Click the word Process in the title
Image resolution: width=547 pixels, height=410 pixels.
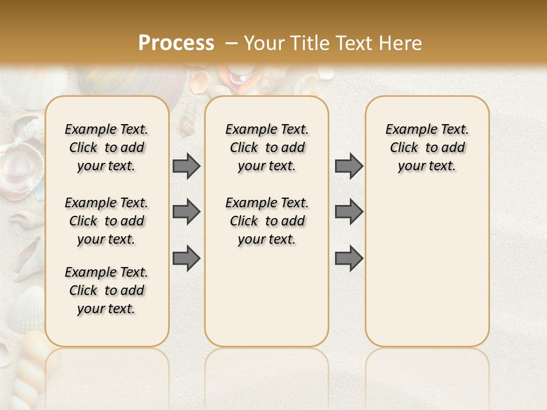(176, 43)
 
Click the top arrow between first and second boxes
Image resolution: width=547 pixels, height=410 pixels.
(186, 166)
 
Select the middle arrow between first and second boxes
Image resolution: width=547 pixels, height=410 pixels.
(186, 212)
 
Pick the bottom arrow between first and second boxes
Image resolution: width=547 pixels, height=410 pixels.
(186, 258)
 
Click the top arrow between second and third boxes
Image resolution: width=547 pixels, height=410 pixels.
(349, 166)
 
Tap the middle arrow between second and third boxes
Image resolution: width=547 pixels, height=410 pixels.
(349, 212)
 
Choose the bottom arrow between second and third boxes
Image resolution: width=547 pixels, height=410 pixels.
(349, 258)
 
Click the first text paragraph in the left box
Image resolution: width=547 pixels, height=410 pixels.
(107, 147)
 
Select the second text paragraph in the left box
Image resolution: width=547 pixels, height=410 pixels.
(107, 221)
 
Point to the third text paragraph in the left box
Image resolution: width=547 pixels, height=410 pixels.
(107, 290)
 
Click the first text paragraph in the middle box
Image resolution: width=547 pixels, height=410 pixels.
(267, 147)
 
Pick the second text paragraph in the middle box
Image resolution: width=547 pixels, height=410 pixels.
(267, 221)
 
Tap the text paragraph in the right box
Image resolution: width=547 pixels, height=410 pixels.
(427, 147)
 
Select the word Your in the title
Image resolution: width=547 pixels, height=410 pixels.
(265, 43)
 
